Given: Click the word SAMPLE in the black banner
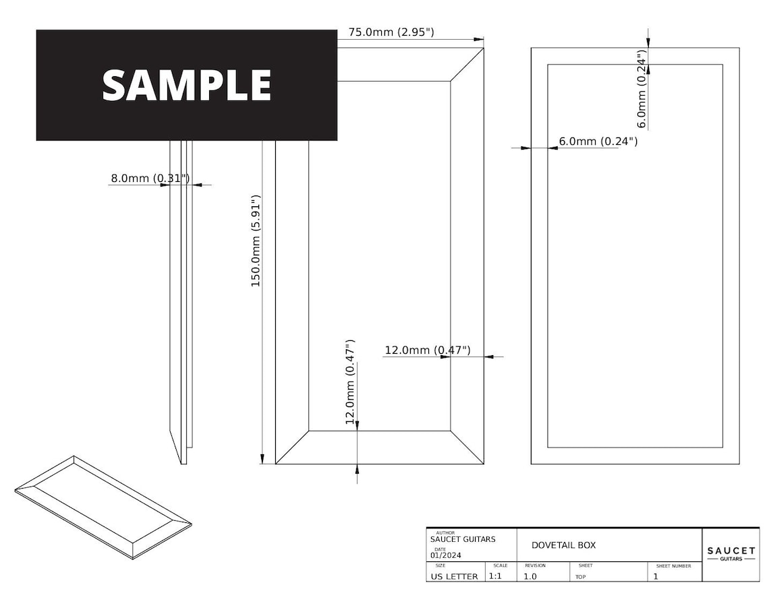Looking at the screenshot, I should tap(186, 85).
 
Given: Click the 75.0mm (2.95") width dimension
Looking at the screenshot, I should tap(391, 32).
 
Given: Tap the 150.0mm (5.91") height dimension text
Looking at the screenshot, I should tap(256, 241).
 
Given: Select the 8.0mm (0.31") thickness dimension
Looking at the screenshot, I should tap(150, 179).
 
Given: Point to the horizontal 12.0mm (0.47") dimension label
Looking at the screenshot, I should tap(427, 350).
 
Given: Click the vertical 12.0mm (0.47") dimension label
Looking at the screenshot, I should tap(350, 381).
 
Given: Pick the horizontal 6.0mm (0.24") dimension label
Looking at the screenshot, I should tap(598, 142).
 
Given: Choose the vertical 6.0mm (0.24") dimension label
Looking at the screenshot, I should tap(642, 88).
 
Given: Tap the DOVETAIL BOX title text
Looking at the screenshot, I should tap(563, 545).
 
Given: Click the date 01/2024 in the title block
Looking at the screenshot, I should tap(447, 555).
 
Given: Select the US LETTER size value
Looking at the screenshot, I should tap(454, 577).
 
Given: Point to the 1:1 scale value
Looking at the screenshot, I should tap(494, 577).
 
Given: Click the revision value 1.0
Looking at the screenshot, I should tap(530, 577).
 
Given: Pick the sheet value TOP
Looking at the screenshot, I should tap(581, 577).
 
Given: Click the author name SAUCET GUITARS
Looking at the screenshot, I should tap(463, 539).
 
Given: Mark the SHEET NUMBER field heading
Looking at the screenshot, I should tap(673, 566).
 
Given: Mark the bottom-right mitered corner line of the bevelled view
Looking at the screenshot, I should tap(467, 447).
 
